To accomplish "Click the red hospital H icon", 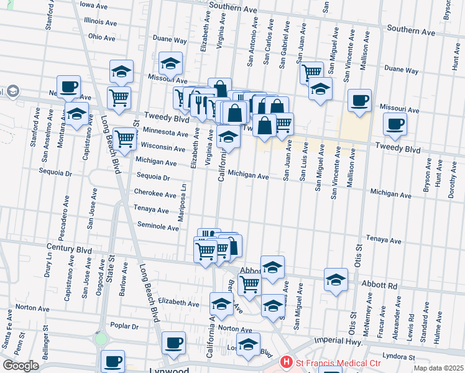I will coord(287,361).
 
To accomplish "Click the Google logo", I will coord(21,366).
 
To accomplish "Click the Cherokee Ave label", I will coord(155,195).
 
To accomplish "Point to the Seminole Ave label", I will coord(158,227).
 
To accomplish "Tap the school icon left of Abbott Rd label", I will coord(336,280).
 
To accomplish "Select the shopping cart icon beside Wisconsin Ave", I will coord(125,139).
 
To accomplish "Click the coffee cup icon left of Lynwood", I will coord(113,361).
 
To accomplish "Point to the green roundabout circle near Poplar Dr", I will coord(101,340).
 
